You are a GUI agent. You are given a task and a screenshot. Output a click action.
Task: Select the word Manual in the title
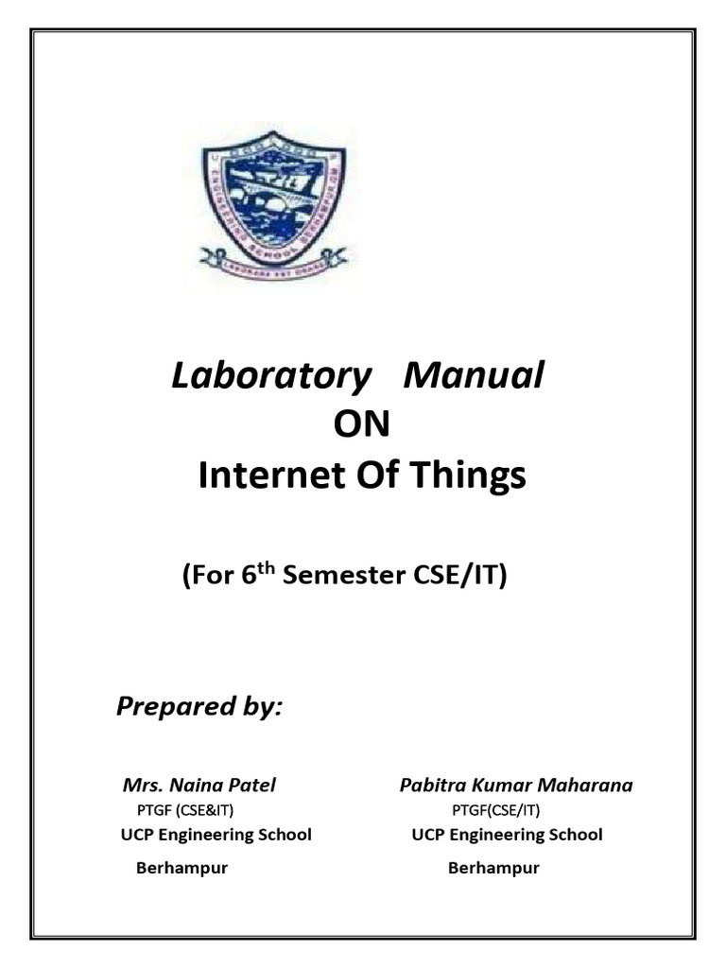[x=474, y=376]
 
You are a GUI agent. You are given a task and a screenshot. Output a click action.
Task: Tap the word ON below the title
[x=362, y=425]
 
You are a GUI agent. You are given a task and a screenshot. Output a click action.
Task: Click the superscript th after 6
[x=271, y=568]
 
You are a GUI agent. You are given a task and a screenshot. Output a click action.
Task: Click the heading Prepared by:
[x=199, y=707]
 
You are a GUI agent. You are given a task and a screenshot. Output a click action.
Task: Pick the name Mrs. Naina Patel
[x=199, y=786]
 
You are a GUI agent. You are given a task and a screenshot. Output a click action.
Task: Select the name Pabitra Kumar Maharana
[x=515, y=786]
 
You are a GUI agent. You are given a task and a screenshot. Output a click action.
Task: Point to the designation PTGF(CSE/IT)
[x=496, y=810]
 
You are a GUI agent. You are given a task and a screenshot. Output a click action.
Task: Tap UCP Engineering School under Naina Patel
[x=216, y=836]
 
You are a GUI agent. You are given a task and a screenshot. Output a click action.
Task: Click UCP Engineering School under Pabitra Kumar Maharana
[x=507, y=836]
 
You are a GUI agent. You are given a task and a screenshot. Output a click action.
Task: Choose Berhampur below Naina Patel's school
[x=181, y=868]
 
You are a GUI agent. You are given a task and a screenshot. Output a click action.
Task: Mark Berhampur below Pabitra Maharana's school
[x=493, y=868]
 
